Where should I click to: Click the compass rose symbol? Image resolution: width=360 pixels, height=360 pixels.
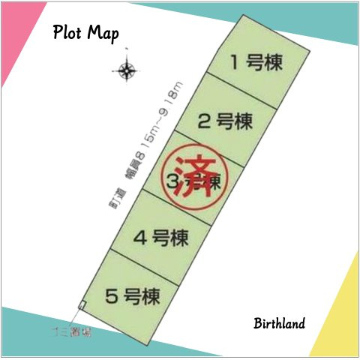click(x=126, y=72)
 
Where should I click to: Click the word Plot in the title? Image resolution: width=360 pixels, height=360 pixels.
click(x=68, y=34)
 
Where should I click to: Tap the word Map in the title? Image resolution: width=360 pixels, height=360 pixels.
click(x=103, y=34)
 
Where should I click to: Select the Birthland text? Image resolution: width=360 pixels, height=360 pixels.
click(x=278, y=324)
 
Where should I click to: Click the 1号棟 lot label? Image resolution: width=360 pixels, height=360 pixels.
click(x=256, y=63)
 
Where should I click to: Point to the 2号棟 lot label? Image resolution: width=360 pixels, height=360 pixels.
click(x=224, y=120)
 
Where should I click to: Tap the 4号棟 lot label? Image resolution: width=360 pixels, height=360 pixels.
click(x=160, y=238)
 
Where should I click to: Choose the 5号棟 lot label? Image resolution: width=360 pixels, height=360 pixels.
click(x=132, y=296)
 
